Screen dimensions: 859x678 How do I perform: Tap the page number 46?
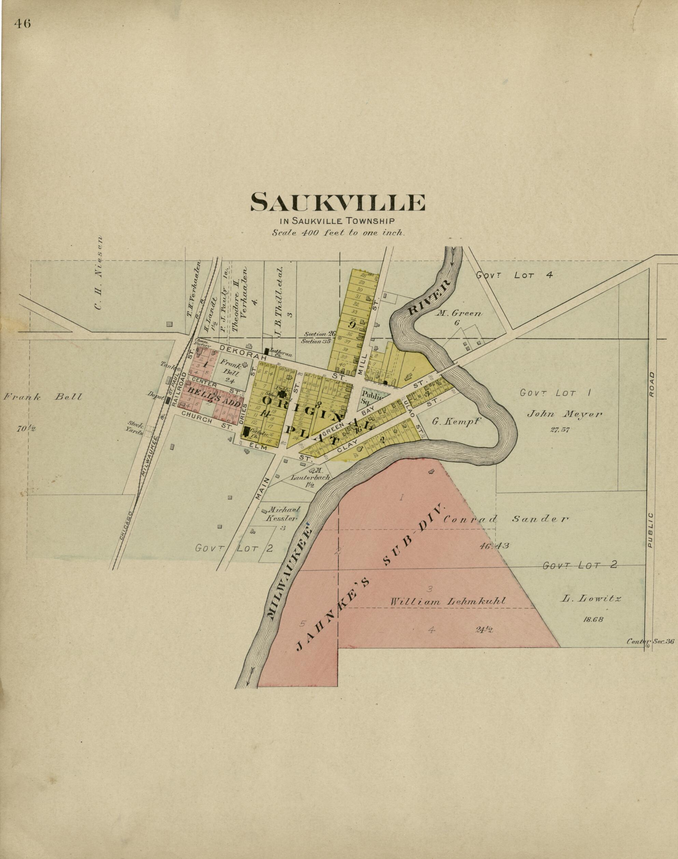[22, 24]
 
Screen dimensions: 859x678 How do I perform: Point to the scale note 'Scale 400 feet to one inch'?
[338, 233]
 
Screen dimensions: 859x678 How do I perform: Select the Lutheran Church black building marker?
[266, 352]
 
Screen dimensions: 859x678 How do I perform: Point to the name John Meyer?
[564, 414]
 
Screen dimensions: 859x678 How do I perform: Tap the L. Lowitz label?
[590, 599]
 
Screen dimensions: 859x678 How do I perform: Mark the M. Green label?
[459, 313]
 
